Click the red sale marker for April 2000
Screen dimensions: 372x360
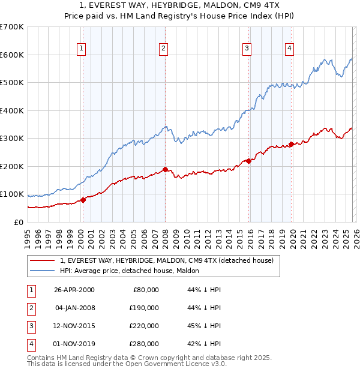coord(83,200)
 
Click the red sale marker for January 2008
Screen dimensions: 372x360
coord(165,169)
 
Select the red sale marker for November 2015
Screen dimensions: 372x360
coord(248,161)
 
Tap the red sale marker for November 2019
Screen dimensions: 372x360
coord(291,144)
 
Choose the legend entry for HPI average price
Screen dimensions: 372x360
coord(133,271)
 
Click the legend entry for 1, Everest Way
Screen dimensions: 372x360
coord(167,260)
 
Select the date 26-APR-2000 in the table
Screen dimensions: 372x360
coord(74,290)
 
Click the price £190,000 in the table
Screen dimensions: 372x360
coord(144,308)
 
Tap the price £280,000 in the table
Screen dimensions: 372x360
coord(144,344)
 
